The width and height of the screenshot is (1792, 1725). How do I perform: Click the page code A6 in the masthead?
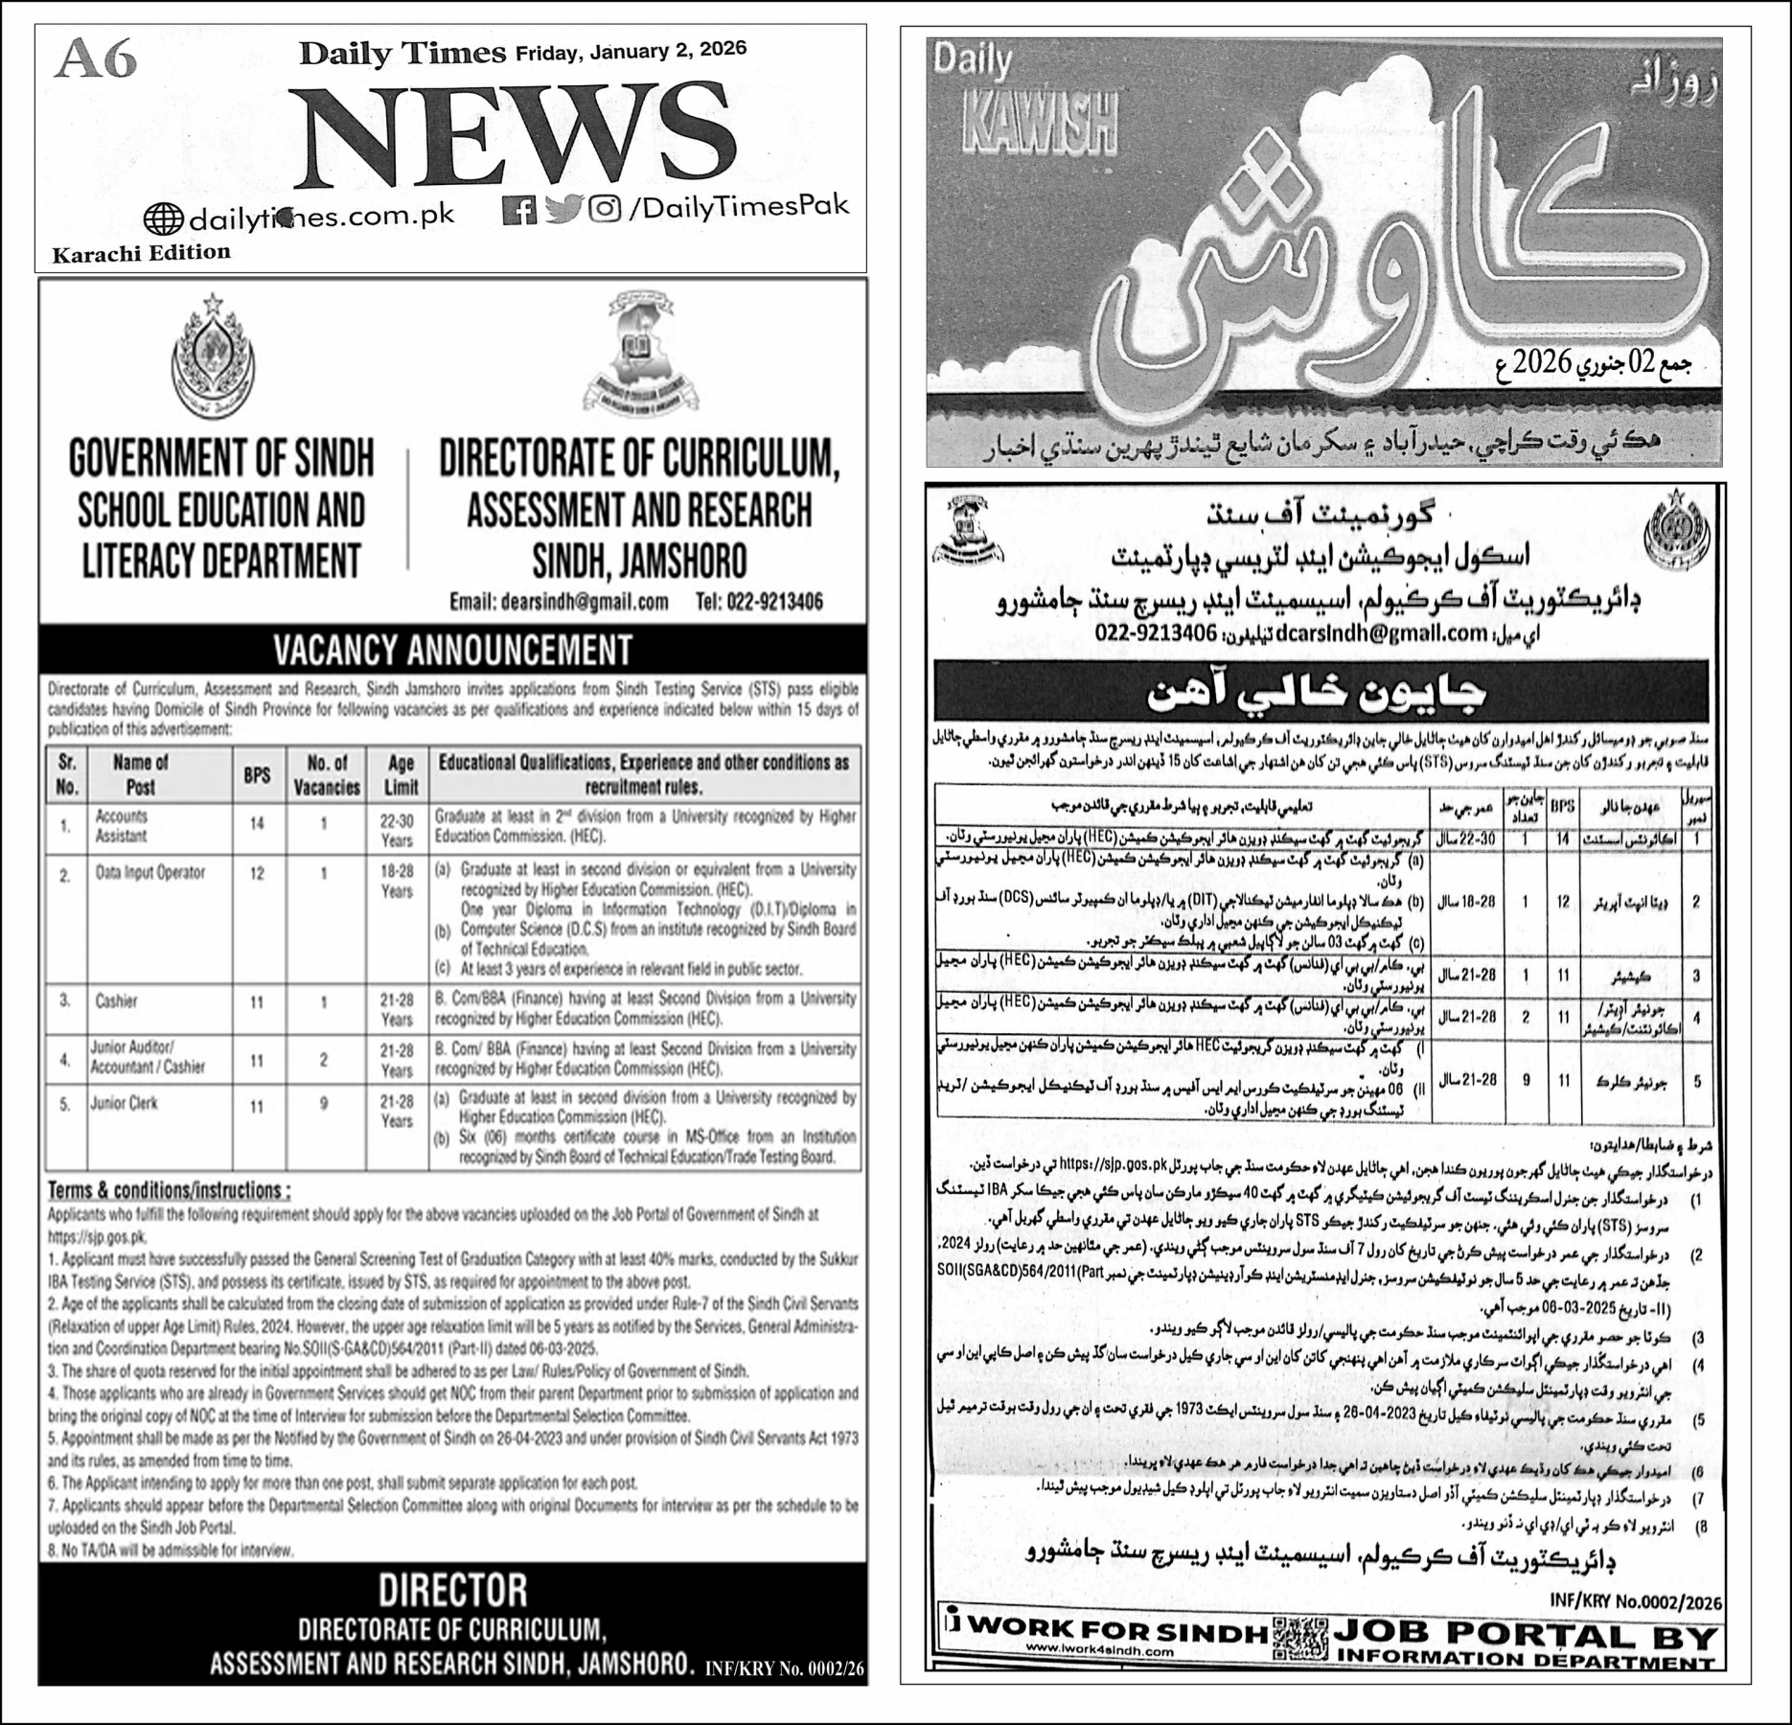(x=97, y=60)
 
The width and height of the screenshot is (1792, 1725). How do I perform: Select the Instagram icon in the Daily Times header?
(x=605, y=208)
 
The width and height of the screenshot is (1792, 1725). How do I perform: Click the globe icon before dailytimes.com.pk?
(x=163, y=219)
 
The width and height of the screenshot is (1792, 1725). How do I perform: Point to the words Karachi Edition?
(x=141, y=253)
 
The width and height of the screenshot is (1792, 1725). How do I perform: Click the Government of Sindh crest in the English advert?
(x=214, y=356)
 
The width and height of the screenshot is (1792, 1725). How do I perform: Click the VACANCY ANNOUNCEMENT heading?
(x=452, y=650)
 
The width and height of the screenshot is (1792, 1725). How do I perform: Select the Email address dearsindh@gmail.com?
(x=559, y=602)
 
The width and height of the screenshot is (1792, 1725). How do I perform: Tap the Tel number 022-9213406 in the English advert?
(x=759, y=602)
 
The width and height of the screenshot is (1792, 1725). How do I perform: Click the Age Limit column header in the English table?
(x=401, y=774)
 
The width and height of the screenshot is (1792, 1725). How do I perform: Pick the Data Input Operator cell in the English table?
(x=150, y=873)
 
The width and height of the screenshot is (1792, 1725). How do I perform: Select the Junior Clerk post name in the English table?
(x=125, y=1103)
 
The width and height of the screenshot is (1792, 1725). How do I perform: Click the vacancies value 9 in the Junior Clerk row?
(x=324, y=1104)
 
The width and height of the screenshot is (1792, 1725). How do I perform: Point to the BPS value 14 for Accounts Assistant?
(x=257, y=824)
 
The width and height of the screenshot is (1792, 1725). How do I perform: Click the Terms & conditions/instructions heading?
(x=169, y=1190)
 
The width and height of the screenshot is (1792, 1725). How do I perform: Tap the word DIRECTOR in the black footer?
(x=452, y=1591)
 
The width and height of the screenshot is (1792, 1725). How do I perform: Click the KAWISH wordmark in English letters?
(x=1041, y=126)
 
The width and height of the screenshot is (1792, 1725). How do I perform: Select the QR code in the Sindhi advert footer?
(x=1300, y=1639)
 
